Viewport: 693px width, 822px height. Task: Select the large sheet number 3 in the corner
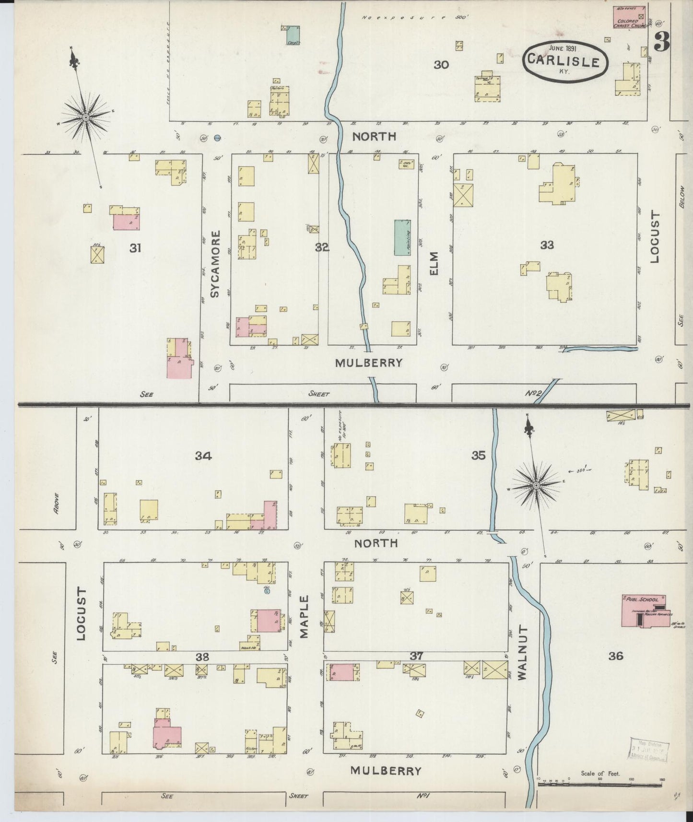pos(662,42)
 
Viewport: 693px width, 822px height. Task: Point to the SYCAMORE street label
pos(215,264)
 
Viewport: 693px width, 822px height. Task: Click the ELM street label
pos(435,263)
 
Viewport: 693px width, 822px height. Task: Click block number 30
pos(441,64)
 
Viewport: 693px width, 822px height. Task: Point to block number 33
pos(547,245)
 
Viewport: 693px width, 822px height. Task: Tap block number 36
pos(615,656)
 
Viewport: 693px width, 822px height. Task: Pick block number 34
pos(203,456)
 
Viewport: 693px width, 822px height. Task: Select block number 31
pos(136,248)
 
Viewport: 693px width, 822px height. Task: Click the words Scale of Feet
pos(600,773)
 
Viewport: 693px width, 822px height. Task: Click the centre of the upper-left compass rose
pos(85,117)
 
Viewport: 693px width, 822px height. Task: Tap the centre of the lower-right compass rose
pos(536,486)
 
